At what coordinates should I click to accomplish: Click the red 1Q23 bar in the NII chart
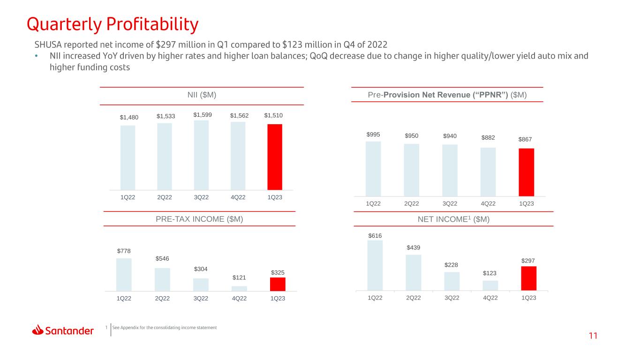(x=275, y=157)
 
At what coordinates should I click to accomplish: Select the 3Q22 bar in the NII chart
(x=201, y=155)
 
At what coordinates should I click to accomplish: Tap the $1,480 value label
(x=129, y=118)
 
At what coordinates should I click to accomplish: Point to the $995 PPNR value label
(x=373, y=135)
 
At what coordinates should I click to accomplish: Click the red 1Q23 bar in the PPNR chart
(x=526, y=172)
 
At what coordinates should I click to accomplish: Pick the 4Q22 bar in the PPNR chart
(x=488, y=172)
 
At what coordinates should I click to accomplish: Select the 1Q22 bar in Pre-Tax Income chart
(x=124, y=275)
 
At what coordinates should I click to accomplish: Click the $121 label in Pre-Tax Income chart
(x=239, y=277)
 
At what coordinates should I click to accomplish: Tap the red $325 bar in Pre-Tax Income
(x=278, y=284)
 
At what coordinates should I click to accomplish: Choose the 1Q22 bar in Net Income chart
(x=375, y=265)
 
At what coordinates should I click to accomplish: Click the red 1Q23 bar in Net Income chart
(x=528, y=278)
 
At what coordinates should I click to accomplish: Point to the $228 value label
(x=451, y=265)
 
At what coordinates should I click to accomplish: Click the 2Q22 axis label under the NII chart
(x=165, y=197)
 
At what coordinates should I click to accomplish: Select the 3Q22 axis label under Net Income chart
(x=452, y=298)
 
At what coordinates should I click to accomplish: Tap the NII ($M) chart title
(x=202, y=95)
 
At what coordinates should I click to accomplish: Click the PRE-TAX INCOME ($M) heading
(x=199, y=219)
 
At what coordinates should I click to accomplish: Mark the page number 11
(x=593, y=336)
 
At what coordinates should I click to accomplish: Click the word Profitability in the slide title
(x=152, y=24)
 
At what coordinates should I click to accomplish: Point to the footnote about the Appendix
(x=164, y=328)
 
